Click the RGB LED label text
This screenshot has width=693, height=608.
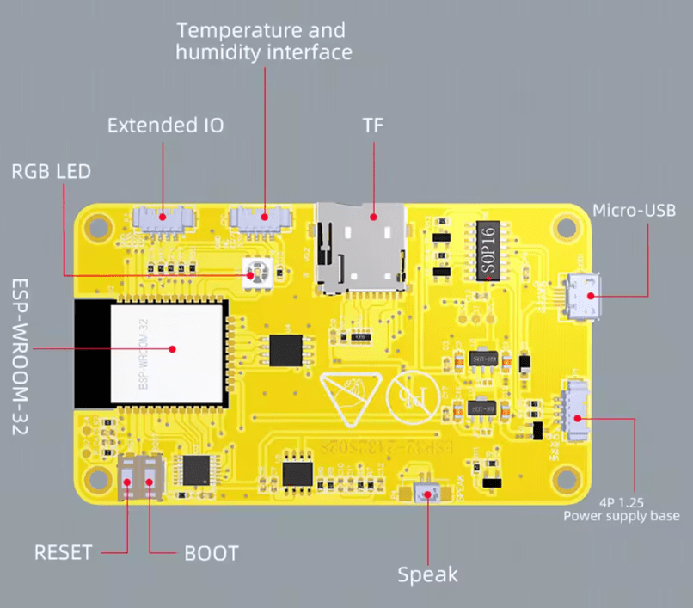coord(51,170)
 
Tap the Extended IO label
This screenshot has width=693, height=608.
coord(165,126)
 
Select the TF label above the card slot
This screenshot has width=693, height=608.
coord(373,126)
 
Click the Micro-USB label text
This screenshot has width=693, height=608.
coord(635,211)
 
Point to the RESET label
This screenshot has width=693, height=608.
coord(63,552)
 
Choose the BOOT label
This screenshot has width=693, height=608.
coord(212,552)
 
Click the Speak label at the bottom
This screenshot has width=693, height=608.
coord(427,574)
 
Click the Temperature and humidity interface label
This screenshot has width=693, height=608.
coord(263,41)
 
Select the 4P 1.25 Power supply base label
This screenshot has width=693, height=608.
coord(622,508)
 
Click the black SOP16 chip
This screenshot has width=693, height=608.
coord(488,250)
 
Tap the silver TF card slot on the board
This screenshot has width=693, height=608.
coord(361,244)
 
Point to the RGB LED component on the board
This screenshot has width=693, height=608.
coord(254,273)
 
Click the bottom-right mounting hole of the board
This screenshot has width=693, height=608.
coord(564,478)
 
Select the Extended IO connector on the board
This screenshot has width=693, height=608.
coord(163,218)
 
